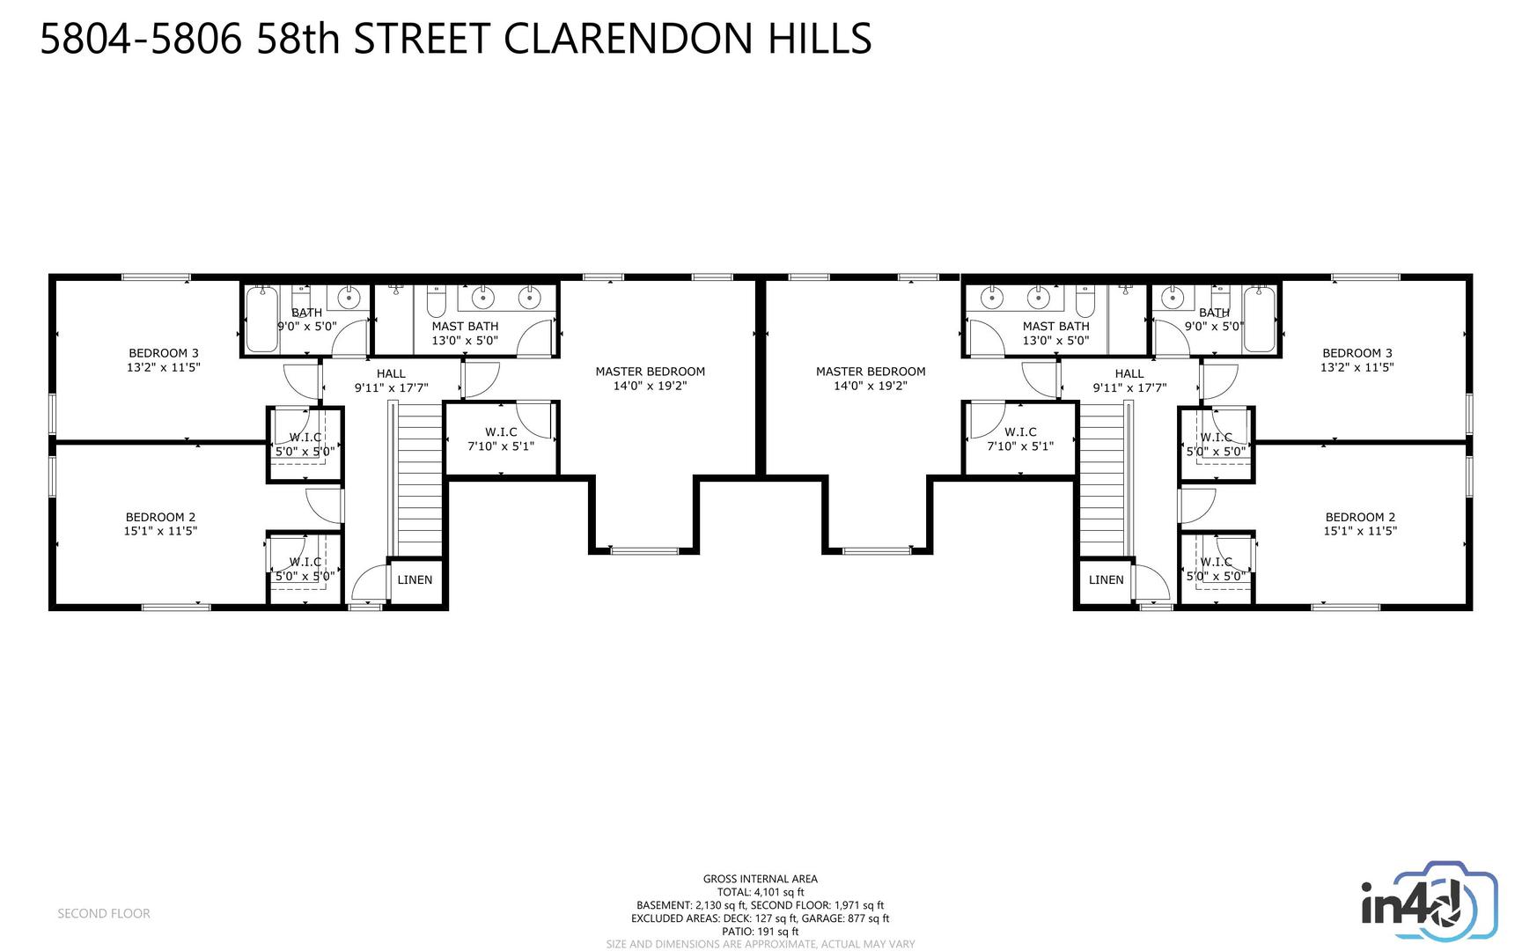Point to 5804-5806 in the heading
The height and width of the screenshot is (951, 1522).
[x=141, y=39]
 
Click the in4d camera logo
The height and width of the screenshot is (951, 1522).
[x=1429, y=904]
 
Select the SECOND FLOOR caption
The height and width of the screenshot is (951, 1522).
[x=104, y=914]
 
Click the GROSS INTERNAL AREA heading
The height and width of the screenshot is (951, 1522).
[x=760, y=879]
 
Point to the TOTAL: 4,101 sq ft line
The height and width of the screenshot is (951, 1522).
[x=760, y=892]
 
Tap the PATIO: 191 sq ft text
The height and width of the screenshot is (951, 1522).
[x=760, y=932]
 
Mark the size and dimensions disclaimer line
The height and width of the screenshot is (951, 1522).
[x=760, y=944]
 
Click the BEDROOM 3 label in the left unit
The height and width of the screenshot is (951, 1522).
[x=164, y=353]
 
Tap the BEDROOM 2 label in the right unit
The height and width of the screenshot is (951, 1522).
[x=1360, y=517]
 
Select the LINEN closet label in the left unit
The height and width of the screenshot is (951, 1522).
[x=415, y=579]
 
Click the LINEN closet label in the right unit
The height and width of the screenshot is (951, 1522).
[x=1106, y=579]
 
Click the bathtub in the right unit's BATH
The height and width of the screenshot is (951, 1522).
[x=1259, y=320]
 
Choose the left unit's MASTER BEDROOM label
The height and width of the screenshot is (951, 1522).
[x=650, y=372]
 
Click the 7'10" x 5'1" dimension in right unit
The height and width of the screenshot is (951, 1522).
[x=1020, y=446]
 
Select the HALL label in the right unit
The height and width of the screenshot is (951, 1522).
[x=1129, y=373]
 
